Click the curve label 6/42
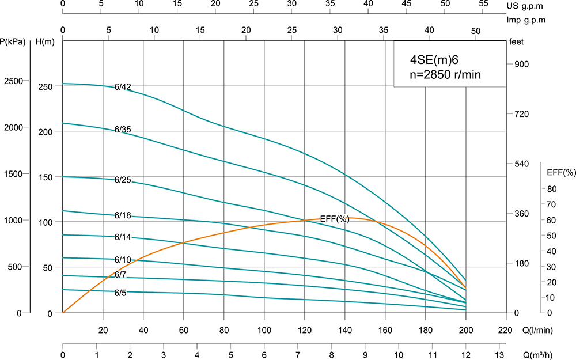point(123,88)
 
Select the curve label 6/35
point(123,130)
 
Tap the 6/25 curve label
point(123,180)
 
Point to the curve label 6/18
point(123,215)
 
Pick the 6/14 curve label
point(123,237)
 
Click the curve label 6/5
point(120,293)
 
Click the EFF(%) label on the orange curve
point(335,218)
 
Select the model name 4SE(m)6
point(433,59)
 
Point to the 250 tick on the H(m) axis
point(46,87)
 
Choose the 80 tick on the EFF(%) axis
point(551,189)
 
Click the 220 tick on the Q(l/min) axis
point(505,331)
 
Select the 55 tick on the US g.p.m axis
point(483,3)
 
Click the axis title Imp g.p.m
point(525,20)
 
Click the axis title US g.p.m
point(525,6)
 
